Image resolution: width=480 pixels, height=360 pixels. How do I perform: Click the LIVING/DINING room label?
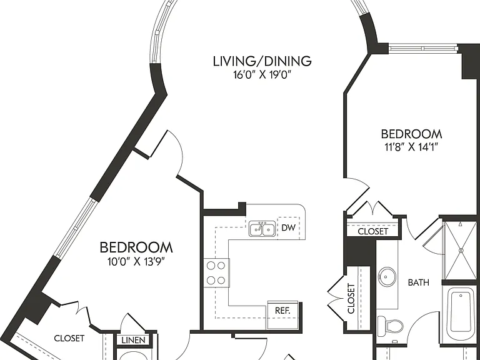(x=262, y=61)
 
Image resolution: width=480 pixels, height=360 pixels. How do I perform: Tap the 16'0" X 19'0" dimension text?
(x=262, y=74)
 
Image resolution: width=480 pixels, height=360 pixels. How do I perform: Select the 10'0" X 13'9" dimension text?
(x=136, y=262)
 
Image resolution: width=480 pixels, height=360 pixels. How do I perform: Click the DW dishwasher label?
(x=288, y=227)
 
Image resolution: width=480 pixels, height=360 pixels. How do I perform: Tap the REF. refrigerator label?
(x=282, y=311)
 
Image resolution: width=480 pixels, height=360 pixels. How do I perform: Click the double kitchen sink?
(x=262, y=229)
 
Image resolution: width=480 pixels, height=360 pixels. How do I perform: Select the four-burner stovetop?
(x=216, y=272)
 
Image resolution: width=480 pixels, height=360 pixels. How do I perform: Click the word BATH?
(x=419, y=282)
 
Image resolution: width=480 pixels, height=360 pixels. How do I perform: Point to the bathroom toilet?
(x=390, y=326)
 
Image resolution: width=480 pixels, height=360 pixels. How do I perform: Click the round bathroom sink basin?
(x=387, y=277)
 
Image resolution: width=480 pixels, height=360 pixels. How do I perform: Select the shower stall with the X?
(x=461, y=250)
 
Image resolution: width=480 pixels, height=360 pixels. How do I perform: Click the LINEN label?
(x=134, y=340)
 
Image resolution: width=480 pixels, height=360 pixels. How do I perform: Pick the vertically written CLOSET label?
(x=351, y=299)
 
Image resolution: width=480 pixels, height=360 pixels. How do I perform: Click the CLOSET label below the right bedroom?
(x=373, y=231)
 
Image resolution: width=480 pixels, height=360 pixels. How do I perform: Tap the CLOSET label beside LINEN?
(x=69, y=338)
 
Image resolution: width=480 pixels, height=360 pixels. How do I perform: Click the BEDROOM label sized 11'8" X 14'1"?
(x=411, y=134)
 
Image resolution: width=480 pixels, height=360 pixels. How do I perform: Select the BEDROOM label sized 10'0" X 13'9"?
(x=136, y=247)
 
